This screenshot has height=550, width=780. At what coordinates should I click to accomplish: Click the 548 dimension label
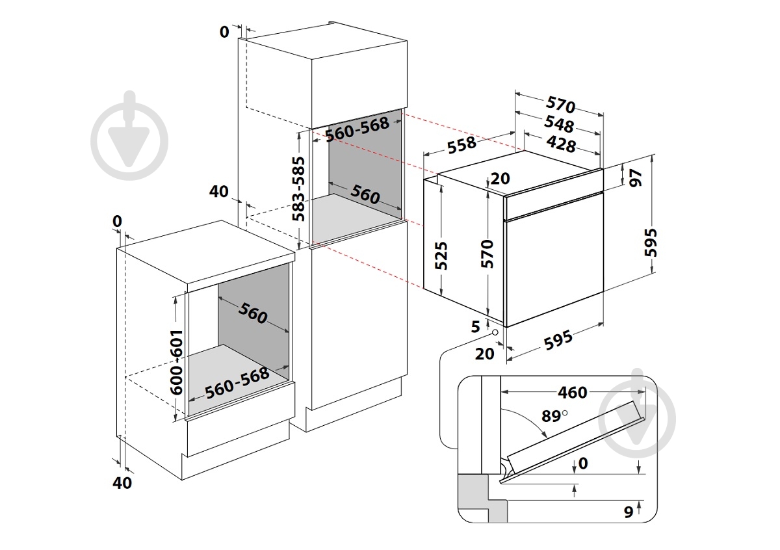[x=560, y=125]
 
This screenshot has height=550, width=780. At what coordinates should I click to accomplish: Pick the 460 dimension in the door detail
[x=572, y=392]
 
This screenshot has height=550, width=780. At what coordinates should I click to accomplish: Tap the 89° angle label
[x=554, y=416]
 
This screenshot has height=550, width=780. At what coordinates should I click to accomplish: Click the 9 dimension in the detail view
[x=628, y=512]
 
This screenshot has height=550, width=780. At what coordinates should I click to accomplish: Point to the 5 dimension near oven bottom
[x=476, y=326]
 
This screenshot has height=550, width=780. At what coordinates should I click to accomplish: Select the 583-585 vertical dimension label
[x=298, y=189]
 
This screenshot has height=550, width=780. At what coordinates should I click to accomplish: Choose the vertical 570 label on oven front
[x=488, y=254]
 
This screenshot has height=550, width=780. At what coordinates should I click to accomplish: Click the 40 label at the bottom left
[x=122, y=482]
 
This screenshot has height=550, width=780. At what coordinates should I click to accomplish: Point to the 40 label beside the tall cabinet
[x=220, y=191]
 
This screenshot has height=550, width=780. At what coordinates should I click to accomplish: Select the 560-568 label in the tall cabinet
[x=356, y=129]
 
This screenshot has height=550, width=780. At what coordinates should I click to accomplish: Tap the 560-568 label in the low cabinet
[x=237, y=384]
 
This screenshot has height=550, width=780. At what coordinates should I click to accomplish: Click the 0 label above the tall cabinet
[x=224, y=31]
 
